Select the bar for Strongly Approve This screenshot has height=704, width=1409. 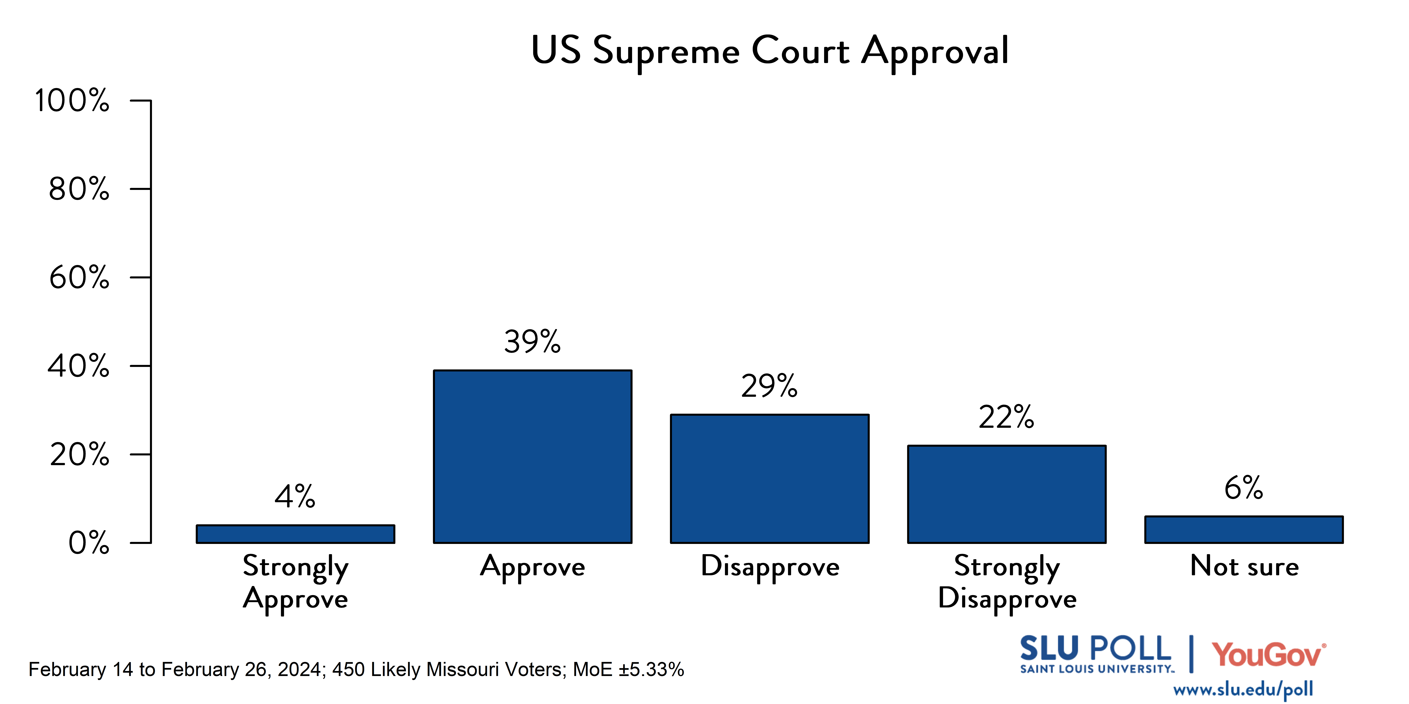(x=295, y=534)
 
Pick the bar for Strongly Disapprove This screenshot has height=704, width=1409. (x=1006, y=494)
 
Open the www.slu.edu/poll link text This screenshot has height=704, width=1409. (x=1243, y=689)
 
